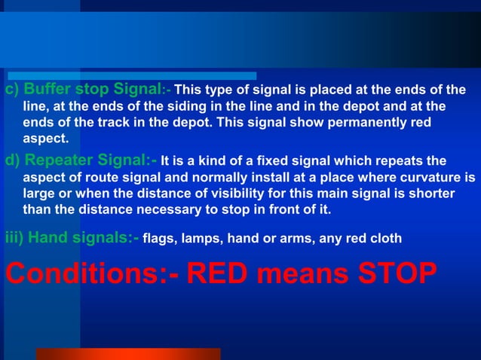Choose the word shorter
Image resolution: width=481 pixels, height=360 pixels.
430,194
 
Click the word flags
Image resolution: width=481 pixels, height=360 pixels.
159,239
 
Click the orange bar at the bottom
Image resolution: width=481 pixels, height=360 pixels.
128,353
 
